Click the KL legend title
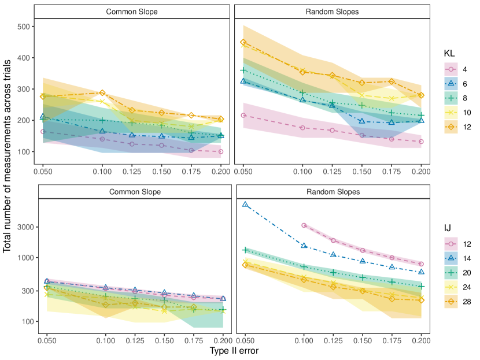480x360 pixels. (x=449, y=53)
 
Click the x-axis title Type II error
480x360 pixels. (x=234, y=350)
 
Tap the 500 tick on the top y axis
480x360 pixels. (x=24, y=27)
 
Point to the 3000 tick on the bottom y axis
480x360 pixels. (x=25, y=227)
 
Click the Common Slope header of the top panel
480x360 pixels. (x=131, y=12)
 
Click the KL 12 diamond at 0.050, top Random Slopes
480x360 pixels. (x=243, y=42)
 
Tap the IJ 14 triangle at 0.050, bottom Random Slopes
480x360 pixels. (x=245, y=205)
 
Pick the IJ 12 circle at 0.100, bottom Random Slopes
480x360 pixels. (x=304, y=225)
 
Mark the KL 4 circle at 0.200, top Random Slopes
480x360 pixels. (x=421, y=142)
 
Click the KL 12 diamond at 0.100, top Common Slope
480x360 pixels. (x=102, y=93)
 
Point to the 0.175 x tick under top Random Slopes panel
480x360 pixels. (x=392, y=172)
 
